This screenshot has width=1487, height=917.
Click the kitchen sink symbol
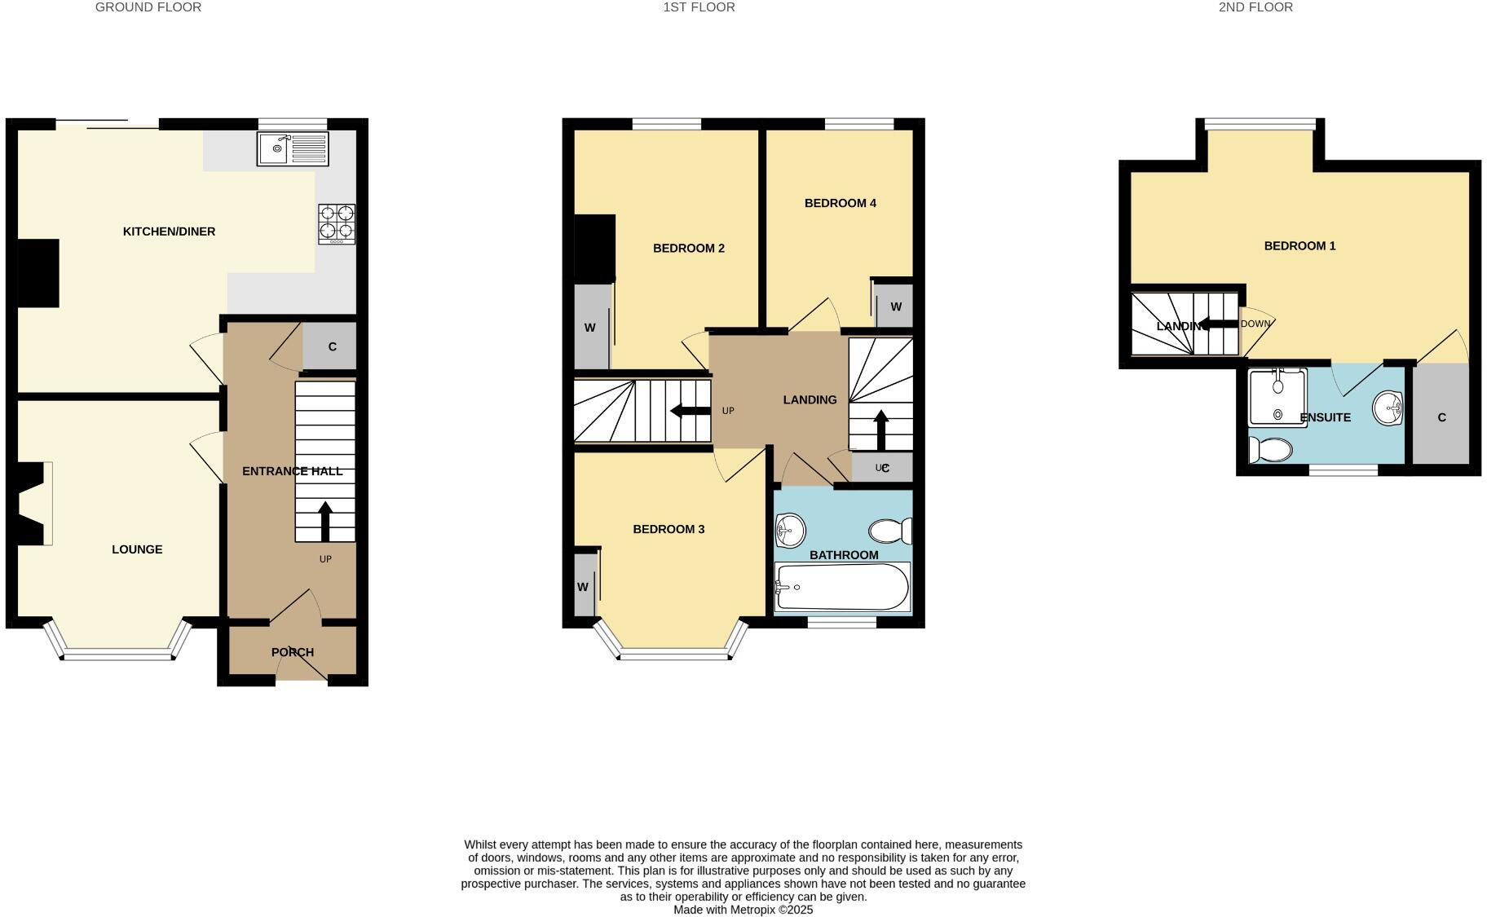293,149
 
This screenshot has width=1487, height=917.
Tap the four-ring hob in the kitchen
337,223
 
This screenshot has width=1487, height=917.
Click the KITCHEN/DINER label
169,231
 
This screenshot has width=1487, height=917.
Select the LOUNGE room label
137,549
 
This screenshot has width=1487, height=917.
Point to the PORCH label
292,652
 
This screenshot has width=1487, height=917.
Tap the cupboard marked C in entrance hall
331,346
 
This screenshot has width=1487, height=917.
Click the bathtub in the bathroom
842,587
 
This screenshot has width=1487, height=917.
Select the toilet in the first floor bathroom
889,531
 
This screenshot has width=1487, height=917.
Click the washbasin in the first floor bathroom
789,531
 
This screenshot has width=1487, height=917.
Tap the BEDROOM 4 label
840,203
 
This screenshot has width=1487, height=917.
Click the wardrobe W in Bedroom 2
590,328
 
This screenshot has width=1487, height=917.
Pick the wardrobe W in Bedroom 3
584,587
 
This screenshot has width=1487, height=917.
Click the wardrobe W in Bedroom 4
895,306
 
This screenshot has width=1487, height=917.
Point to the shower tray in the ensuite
1277,398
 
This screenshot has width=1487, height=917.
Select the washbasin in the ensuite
1387,408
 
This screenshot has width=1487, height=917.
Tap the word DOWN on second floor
1255,324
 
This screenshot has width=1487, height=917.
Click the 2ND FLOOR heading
1255,7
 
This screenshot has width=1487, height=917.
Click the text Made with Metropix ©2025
743,910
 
